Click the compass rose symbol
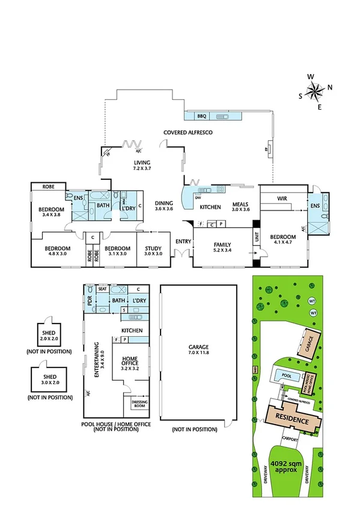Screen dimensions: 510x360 (x=313, y=92)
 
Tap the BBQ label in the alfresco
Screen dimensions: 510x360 (x=201, y=116)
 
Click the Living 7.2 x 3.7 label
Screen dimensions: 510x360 (x=142, y=166)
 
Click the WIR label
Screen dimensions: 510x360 (x=283, y=198)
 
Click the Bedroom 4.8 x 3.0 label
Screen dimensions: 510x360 (x=58, y=251)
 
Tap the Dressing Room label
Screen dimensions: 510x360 (x=139, y=404)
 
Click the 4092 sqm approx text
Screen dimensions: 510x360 (x=282, y=467)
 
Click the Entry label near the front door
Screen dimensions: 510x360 (x=183, y=242)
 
